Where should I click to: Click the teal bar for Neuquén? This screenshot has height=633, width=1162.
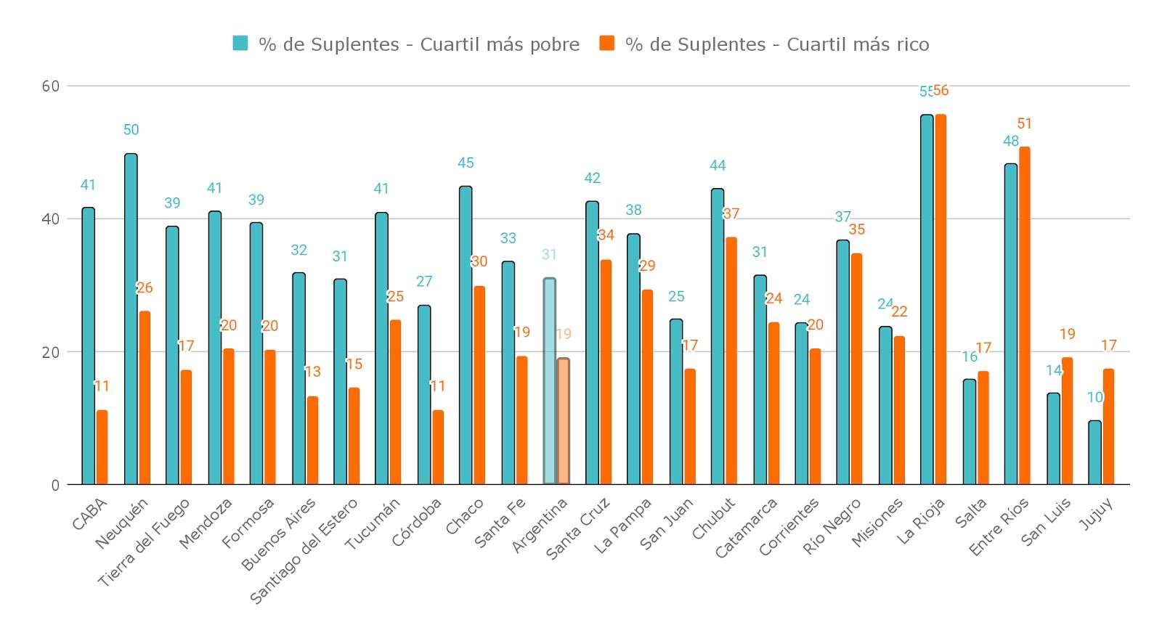(x=131, y=319)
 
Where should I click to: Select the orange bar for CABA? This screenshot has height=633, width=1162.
(x=102, y=447)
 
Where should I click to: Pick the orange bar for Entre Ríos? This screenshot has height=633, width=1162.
(x=1025, y=316)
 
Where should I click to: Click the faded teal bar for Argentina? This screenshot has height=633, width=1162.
(x=550, y=381)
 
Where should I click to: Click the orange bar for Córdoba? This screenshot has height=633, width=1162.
(x=438, y=447)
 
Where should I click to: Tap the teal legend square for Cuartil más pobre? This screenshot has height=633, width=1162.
(x=240, y=44)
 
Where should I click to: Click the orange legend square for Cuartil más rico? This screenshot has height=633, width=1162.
(x=607, y=44)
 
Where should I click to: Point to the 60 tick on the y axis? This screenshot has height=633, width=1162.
(x=51, y=86)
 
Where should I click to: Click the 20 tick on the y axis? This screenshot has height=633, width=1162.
(x=51, y=352)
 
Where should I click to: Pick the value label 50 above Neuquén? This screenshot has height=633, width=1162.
(x=131, y=130)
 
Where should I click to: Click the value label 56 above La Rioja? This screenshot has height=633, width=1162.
(x=941, y=91)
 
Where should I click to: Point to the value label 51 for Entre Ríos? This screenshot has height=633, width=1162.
(x=1025, y=124)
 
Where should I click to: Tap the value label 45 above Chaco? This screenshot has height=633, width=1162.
(x=466, y=163)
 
